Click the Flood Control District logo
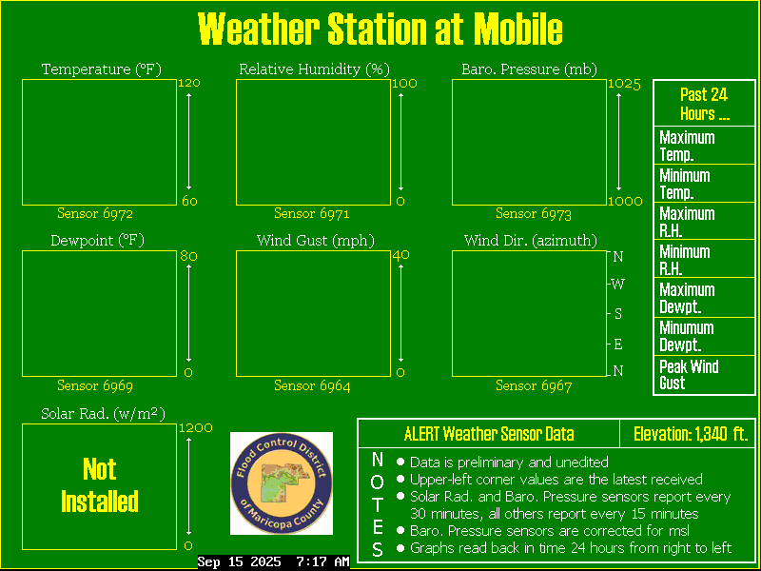282,483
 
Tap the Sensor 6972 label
95,213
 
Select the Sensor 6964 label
312,385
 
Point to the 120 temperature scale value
189,83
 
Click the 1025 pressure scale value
625,84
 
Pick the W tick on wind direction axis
617,284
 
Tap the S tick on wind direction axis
617,314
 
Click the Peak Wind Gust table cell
704,375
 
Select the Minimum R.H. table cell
704,259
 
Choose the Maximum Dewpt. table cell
704,298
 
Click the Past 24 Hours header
704,104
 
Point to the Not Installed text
100,485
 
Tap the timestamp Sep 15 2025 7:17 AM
274,562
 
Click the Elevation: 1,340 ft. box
688,434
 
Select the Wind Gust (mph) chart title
316,241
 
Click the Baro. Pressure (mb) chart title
530,69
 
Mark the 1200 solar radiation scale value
196,427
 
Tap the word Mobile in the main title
517,30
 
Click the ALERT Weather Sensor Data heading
489,434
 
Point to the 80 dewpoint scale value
188,255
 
